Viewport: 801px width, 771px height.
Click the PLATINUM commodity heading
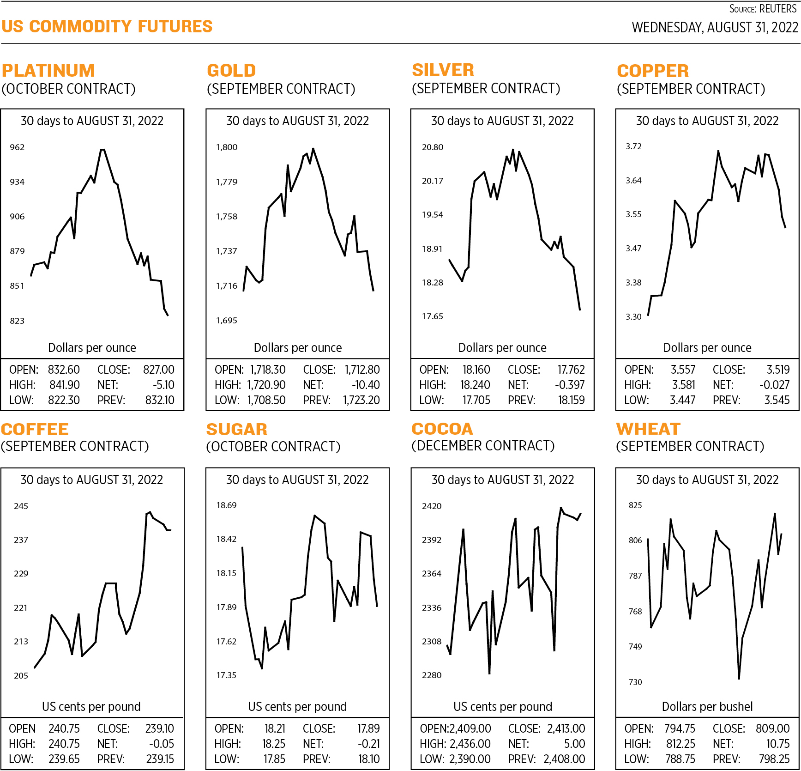[48, 71]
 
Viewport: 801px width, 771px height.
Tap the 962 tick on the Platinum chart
[17, 147]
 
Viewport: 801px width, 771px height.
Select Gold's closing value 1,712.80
[362, 370]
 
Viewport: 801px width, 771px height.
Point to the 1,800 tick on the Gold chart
[227, 147]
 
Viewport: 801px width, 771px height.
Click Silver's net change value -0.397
[569, 385]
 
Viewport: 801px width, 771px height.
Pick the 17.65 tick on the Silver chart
[432, 316]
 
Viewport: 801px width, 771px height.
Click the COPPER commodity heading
[653, 71]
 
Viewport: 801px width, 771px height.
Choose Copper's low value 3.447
[682, 401]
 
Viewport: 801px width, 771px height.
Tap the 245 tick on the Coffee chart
[21, 506]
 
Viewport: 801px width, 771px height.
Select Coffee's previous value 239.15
[160, 759]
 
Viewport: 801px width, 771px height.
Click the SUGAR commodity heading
[237, 430]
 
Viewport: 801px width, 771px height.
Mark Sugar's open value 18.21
[275, 729]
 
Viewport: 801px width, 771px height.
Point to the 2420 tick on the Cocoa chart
[432, 506]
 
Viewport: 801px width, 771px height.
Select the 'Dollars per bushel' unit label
[707, 707]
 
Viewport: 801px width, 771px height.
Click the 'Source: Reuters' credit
[763, 9]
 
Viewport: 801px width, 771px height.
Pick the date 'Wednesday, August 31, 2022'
[715, 28]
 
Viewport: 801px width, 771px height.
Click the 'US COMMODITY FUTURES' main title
[107, 27]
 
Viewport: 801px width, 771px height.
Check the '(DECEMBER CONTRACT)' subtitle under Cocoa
[483, 446]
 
